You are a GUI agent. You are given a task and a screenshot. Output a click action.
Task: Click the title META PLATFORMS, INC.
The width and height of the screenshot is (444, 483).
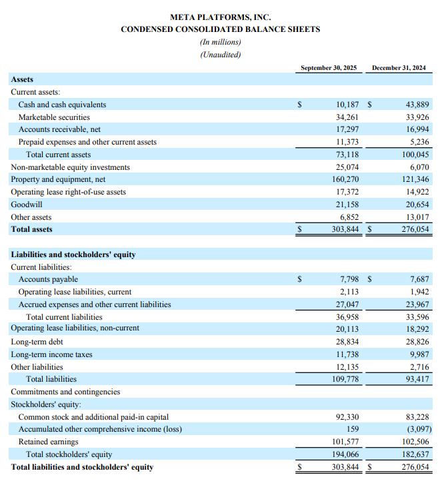click(x=220, y=17)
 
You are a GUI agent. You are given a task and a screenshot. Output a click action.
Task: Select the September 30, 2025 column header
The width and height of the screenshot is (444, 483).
click(x=329, y=68)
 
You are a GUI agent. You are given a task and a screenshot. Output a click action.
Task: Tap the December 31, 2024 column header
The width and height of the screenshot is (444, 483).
click(x=399, y=68)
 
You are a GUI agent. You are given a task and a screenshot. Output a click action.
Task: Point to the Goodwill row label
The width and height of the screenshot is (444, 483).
click(x=27, y=205)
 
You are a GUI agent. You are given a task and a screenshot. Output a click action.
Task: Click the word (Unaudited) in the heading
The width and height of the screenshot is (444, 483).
click(x=220, y=55)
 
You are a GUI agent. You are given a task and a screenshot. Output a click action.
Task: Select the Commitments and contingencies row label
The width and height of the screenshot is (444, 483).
click(x=65, y=392)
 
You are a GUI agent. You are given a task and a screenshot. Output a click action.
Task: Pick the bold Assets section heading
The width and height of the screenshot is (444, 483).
click(x=22, y=79)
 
